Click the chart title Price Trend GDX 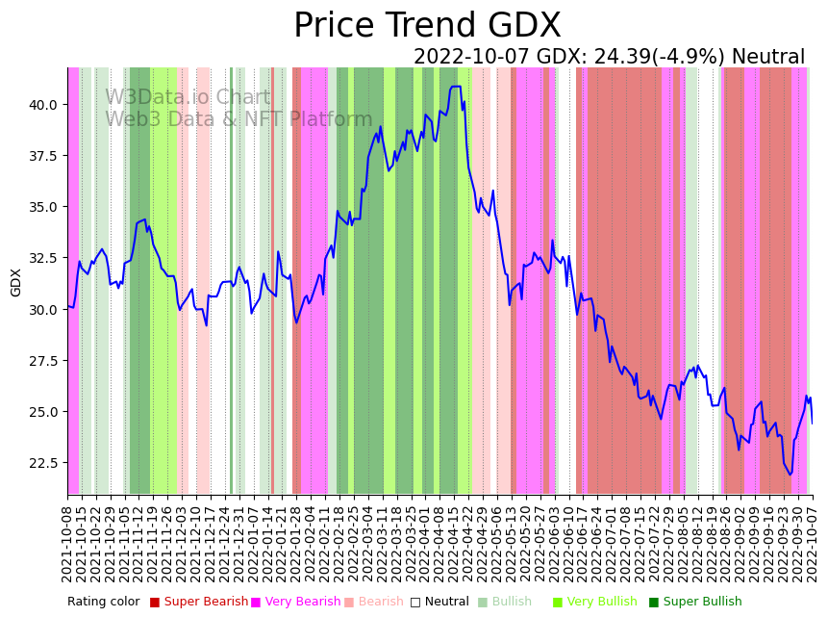coord(427,26)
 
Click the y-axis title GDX coord(16,282)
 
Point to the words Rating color coord(103,602)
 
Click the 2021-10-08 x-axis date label coord(68,544)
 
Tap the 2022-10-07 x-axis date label coord(813,544)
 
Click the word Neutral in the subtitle coord(767,58)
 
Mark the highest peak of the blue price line coord(455,87)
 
